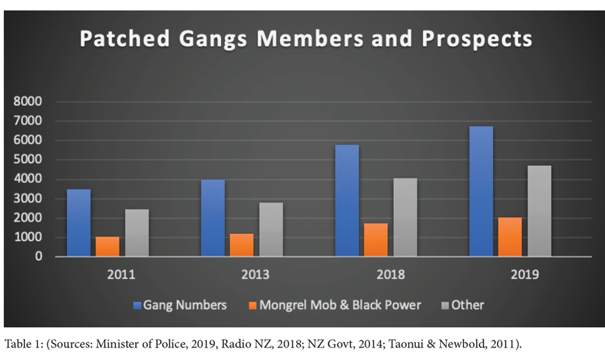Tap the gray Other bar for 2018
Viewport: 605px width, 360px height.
click(x=405, y=217)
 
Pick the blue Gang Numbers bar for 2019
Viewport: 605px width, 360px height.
click(x=481, y=191)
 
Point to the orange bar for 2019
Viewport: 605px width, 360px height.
click(x=510, y=237)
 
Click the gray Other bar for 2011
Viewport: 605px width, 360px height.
click(x=137, y=233)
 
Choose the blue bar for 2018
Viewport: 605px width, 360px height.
click(x=346, y=201)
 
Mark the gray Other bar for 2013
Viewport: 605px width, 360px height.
click(x=271, y=230)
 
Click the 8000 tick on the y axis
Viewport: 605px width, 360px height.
click(x=28, y=102)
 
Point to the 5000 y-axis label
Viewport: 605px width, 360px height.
click(x=28, y=160)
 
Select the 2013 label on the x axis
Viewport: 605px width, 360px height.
click(x=255, y=275)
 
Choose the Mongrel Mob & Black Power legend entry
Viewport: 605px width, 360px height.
click(x=339, y=305)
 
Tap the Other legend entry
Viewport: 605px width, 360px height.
click(x=468, y=305)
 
